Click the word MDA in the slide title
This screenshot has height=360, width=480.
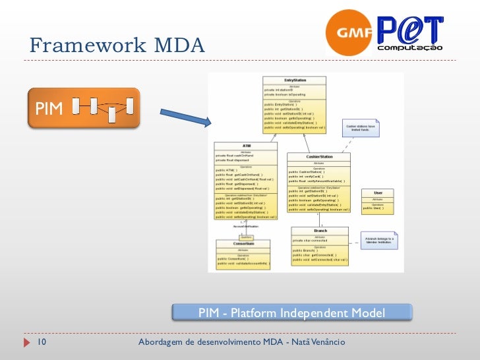click(179, 45)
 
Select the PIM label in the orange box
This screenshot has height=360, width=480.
click(49, 108)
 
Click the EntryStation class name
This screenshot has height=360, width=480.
click(295, 80)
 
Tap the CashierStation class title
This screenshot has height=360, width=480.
click(319, 157)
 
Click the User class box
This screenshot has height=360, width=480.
click(378, 200)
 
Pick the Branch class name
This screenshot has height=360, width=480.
click(320, 231)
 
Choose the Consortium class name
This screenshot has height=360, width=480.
click(243, 244)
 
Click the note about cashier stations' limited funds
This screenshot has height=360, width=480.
click(361, 128)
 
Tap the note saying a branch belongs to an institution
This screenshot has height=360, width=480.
click(380, 240)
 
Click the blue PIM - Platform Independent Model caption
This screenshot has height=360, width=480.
click(291, 312)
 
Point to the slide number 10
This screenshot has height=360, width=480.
click(41, 343)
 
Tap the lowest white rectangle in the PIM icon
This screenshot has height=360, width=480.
click(112, 115)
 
